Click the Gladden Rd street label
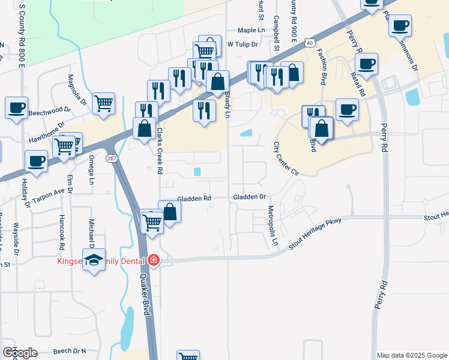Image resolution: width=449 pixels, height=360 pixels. click(194, 199)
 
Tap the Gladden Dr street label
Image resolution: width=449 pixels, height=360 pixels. click(249, 197)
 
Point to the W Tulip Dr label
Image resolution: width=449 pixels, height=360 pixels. click(243, 44)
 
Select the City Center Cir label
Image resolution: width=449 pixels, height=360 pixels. click(286, 158)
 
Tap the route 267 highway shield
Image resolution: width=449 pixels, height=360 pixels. click(112, 158)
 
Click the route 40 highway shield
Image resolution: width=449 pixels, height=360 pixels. click(309, 43)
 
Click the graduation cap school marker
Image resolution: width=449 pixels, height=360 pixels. click(94, 259)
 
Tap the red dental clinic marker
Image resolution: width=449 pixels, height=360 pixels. click(154, 260)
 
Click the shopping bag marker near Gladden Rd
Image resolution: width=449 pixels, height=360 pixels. click(170, 212)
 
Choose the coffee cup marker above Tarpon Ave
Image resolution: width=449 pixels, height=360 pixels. click(37, 161)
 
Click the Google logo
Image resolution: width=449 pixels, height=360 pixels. click(20, 353)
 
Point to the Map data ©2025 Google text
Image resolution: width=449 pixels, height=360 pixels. click(412, 355)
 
